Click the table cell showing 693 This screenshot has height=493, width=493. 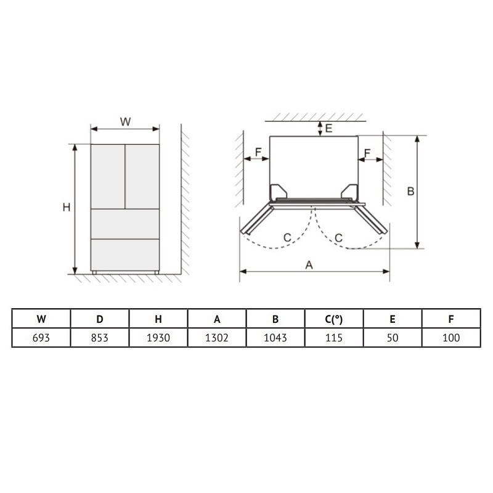point(41,338)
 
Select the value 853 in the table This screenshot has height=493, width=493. point(100,338)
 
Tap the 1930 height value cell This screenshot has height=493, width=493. point(158,338)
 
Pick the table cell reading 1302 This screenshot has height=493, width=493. point(217,338)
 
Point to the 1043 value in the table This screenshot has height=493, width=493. point(275,338)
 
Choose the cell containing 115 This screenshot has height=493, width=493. point(334,338)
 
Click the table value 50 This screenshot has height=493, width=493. point(393,338)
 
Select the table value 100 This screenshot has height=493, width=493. point(451,338)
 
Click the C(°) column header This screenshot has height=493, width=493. point(334,319)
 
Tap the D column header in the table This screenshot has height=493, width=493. point(100,319)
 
